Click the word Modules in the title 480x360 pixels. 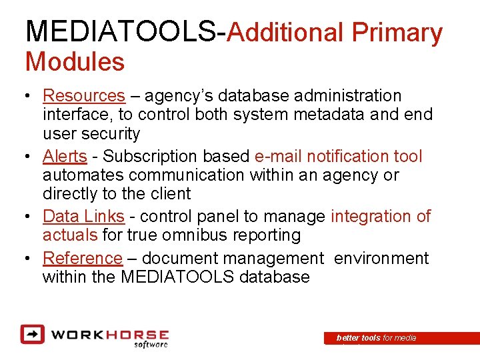coord(75,62)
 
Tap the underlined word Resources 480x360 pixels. coord(83,97)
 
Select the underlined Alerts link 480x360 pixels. coord(65,157)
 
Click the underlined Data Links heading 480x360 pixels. coord(83,217)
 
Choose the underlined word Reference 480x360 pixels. coord(83,258)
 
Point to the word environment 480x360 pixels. coord(381,258)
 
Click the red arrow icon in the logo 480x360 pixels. coord(32,333)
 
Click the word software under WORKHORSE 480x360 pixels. coord(151,344)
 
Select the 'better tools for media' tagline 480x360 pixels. coord(376,338)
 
